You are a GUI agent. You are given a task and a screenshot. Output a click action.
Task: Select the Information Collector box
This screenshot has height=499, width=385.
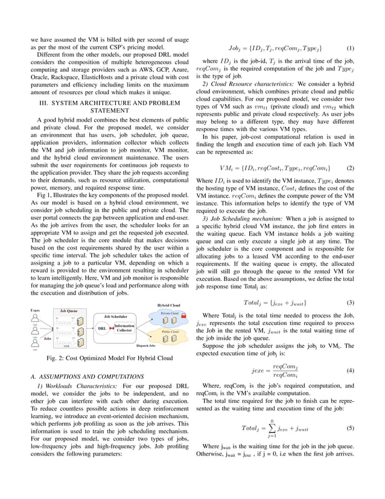[124, 328]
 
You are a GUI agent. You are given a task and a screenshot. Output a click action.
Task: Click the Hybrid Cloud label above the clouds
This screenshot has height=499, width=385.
[168, 306]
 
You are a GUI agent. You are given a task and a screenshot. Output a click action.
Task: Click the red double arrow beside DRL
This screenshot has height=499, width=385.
[111, 329]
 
